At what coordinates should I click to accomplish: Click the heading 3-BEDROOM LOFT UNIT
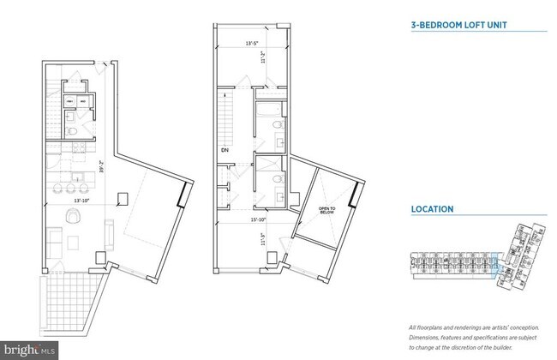tap(454, 26)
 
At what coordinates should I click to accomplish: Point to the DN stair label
tap(224, 150)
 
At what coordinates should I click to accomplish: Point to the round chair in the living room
tap(70, 217)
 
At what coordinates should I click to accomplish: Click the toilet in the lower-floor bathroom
tap(75, 130)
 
